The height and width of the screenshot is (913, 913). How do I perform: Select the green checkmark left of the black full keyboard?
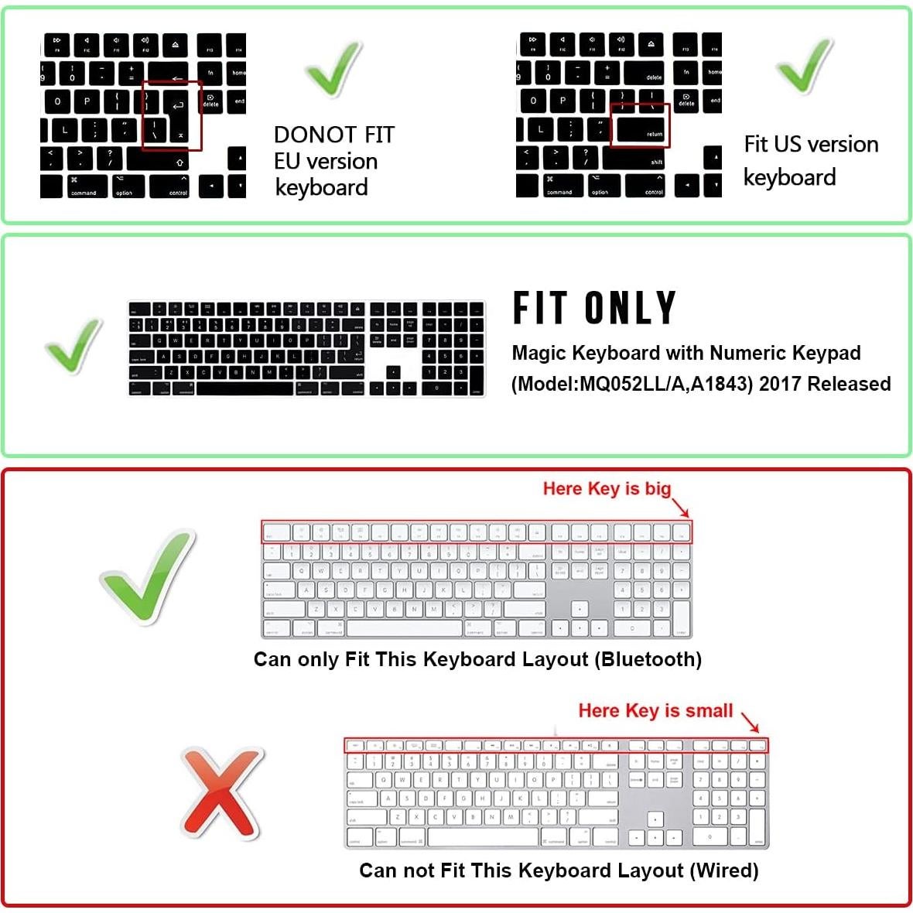tap(74, 345)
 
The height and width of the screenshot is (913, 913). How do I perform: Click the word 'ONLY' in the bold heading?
tap(631, 308)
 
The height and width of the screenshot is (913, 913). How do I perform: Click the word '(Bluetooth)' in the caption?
tap(651, 659)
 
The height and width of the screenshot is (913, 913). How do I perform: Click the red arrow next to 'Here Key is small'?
tap(751, 722)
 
